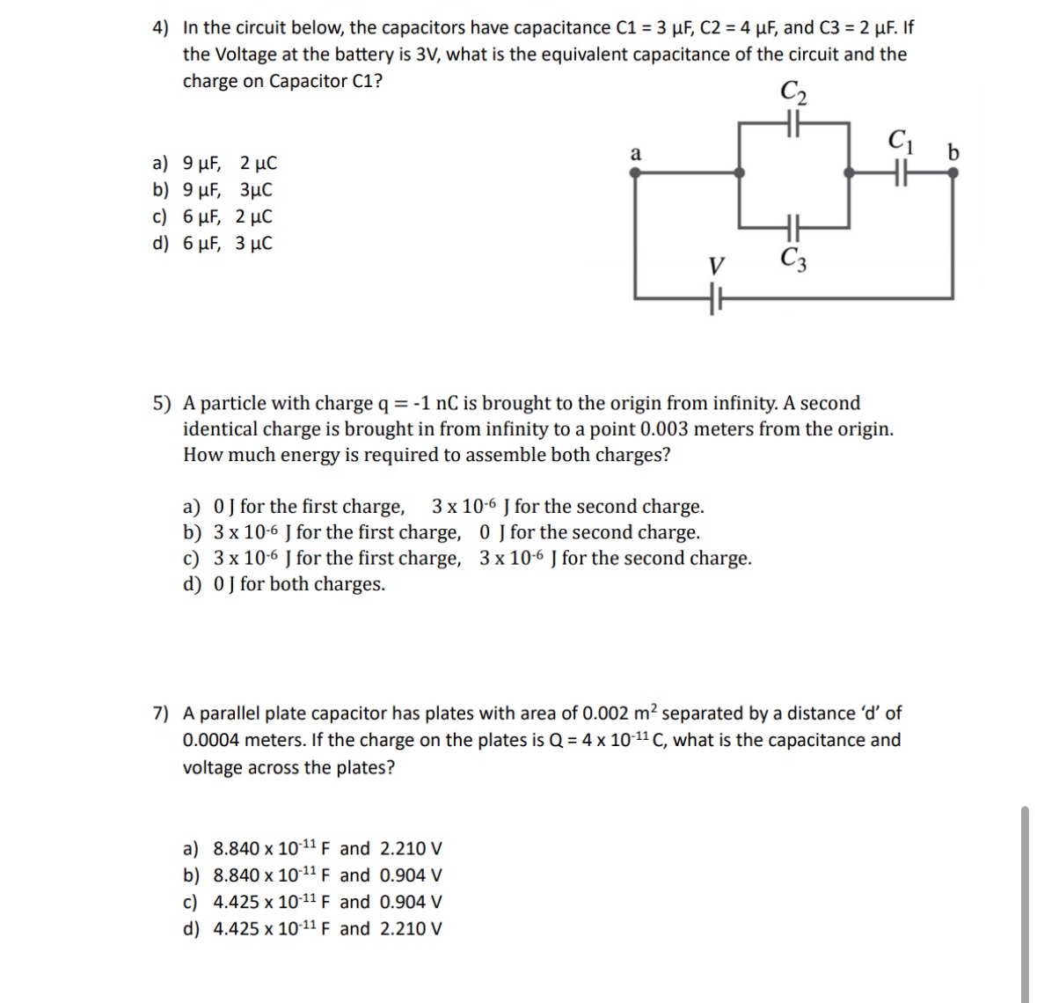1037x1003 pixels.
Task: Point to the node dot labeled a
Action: [635, 174]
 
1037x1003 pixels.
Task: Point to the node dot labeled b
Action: [953, 174]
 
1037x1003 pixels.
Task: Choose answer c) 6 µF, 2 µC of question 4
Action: [213, 216]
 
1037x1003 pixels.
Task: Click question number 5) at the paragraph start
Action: [163, 404]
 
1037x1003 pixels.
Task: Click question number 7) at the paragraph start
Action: [163, 714]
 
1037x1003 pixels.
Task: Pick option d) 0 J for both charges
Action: [283, 584]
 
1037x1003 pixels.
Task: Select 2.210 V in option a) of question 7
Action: [411, 849]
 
